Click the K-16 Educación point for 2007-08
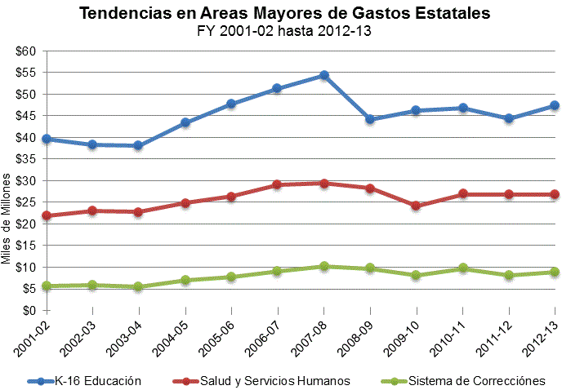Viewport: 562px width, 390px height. point(324,75)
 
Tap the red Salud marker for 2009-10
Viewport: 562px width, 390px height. point(417,206)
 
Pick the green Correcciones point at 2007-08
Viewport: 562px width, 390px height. point(324,266)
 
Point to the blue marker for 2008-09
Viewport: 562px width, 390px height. point(370,119)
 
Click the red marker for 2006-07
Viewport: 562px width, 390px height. point(278,184)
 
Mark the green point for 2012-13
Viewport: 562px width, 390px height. point(555,272)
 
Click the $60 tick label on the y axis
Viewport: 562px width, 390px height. point(25,51)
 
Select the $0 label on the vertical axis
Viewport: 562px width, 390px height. point(29,310)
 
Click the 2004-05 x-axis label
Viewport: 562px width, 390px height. point(173,334)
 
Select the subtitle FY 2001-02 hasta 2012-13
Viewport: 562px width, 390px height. point(281,32)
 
